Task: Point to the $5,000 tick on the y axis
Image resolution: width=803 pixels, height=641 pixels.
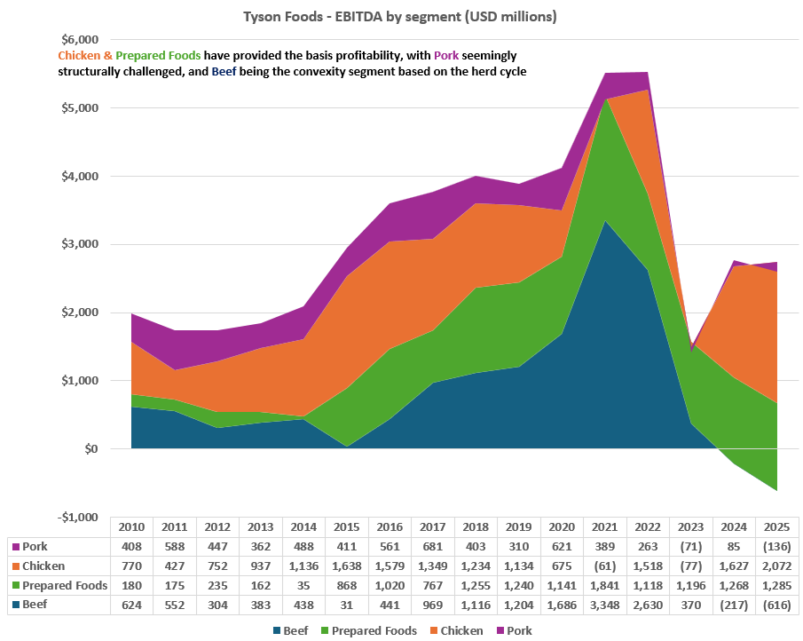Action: pyautogui.click(x=80, y=108)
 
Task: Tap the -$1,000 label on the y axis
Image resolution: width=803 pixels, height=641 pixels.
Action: pyautogui.click(x=78, y=517)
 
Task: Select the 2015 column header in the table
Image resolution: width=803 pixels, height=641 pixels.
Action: pyautogui.click(x=347, y=527)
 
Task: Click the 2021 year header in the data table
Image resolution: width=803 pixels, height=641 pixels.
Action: pyautogui.click(x=605, y=527)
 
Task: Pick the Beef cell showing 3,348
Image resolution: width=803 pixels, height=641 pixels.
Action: pyautogui.click(x=605, y=605)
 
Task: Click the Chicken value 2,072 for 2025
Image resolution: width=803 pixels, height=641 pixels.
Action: pyautogui.click(x=777, y=566)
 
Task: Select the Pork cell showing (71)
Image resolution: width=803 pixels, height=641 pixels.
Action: pyautogui.click(x=691, y=547)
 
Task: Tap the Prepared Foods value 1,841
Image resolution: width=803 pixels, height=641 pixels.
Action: pyautogui.click(x=605, y=586)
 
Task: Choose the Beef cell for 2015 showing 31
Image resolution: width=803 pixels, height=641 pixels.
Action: pyautogui.click(x=347, y=605)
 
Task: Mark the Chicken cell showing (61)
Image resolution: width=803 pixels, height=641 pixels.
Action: pyautogui.click(x=605, y=566)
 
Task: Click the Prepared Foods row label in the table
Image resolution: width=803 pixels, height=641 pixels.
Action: pyautogui.click(x=65, y=586)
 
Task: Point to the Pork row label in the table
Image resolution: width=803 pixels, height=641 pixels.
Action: pyautogui.click(x=35, y=547)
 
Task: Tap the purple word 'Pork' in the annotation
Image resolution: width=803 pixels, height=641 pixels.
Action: pyautogui.click(x=446, y=55)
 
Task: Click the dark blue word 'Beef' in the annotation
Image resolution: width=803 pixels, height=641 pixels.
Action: pyautogui.click(x=224, y=71)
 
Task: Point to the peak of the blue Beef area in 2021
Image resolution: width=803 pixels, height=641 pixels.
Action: pyautogui.click(x=605, y=221)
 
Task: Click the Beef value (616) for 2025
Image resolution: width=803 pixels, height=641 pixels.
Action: pyautogui.click(x=777, y=605)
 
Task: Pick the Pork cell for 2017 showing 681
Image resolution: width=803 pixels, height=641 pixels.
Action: pyautogui.click(x=433, y=547)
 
